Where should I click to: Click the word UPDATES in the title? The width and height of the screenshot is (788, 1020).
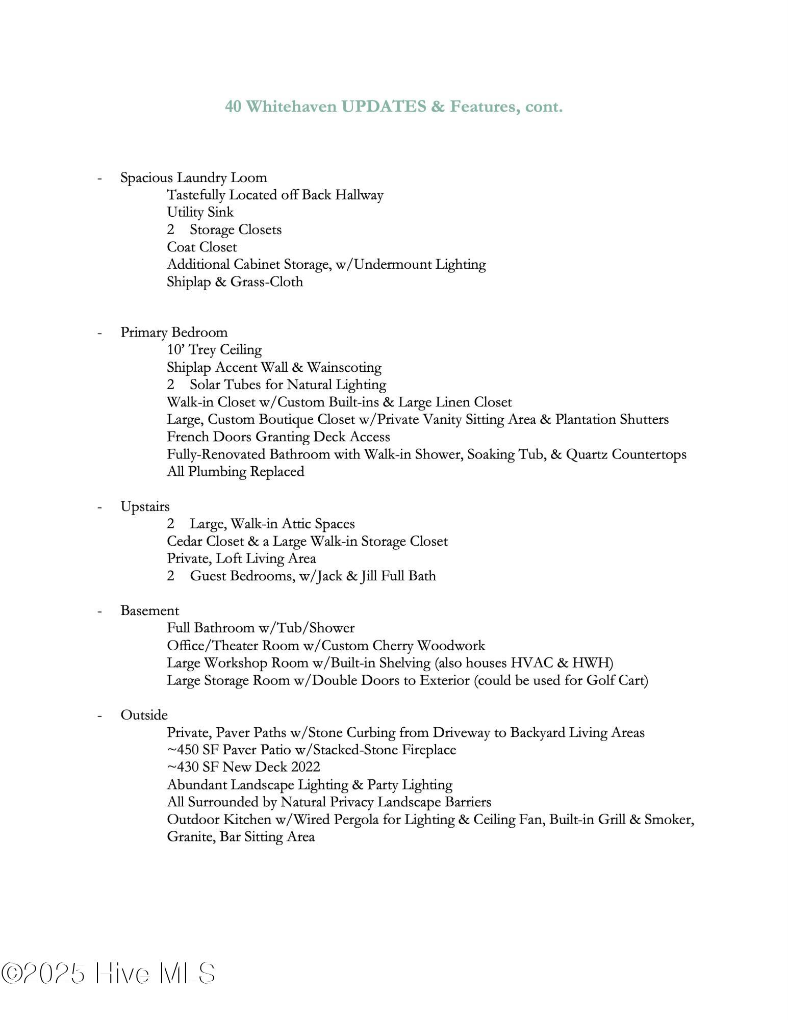click(384, 107)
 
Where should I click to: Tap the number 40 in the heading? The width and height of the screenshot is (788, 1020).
click(233, 107)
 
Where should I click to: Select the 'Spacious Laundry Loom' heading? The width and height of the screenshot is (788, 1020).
click(193, 177)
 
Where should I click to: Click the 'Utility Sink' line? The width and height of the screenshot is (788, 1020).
click(200, 212)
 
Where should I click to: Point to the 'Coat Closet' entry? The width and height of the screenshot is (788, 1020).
click(201, 247)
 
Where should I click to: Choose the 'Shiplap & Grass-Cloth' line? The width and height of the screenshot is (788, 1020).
click(235, 282)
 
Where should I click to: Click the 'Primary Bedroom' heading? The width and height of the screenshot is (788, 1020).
click(174, 333)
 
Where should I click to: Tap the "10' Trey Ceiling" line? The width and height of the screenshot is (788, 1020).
click(214, 350)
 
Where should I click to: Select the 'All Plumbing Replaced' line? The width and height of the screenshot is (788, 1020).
click(235, 471)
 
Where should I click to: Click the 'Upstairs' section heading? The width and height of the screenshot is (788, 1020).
click(145, 506)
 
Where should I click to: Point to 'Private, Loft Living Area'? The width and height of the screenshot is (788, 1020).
click(241, 558)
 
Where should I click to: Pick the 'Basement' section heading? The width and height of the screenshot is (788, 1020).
click(149, 610)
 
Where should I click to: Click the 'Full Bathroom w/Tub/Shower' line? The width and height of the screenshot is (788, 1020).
click(261, 628)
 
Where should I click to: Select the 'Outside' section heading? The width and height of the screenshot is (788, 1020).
click(144, 715)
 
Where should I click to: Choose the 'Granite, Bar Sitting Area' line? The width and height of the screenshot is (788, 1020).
click(241, 836)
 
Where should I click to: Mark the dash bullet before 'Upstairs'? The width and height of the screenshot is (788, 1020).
click(100, 507)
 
